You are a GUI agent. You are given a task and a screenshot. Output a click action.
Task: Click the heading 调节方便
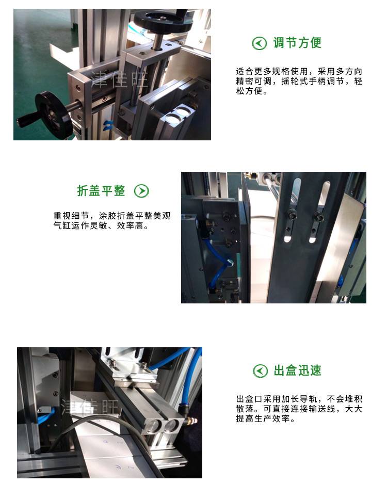[297, 43]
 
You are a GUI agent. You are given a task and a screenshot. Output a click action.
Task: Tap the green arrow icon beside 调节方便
[259, 43]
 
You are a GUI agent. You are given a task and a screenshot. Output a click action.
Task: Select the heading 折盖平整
[101, 191]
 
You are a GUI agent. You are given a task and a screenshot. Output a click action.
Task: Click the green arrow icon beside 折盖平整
[141, 191]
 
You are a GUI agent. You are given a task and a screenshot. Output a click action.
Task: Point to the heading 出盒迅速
[297, 370]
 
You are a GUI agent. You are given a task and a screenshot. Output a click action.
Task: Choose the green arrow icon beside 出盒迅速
[260, 371]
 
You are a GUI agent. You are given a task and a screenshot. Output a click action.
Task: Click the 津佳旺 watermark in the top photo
[120, 79]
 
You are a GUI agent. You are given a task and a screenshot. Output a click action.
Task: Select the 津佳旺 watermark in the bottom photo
[90, 407]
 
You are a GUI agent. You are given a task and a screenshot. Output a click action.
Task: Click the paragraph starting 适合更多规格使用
[299, 81]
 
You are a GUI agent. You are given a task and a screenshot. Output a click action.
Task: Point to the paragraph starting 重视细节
[112, 221]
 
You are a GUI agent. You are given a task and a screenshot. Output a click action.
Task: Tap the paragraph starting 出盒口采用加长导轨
[299, 409]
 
